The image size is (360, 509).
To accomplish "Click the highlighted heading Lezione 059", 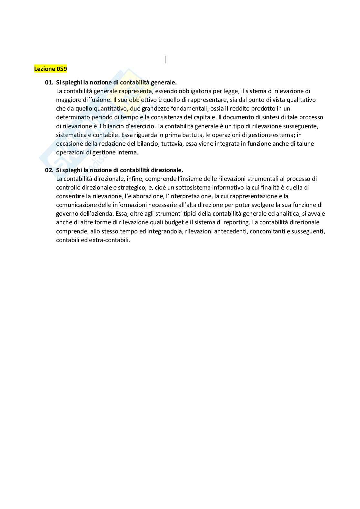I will [50, 69].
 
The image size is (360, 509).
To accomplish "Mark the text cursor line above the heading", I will [165, 59].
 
